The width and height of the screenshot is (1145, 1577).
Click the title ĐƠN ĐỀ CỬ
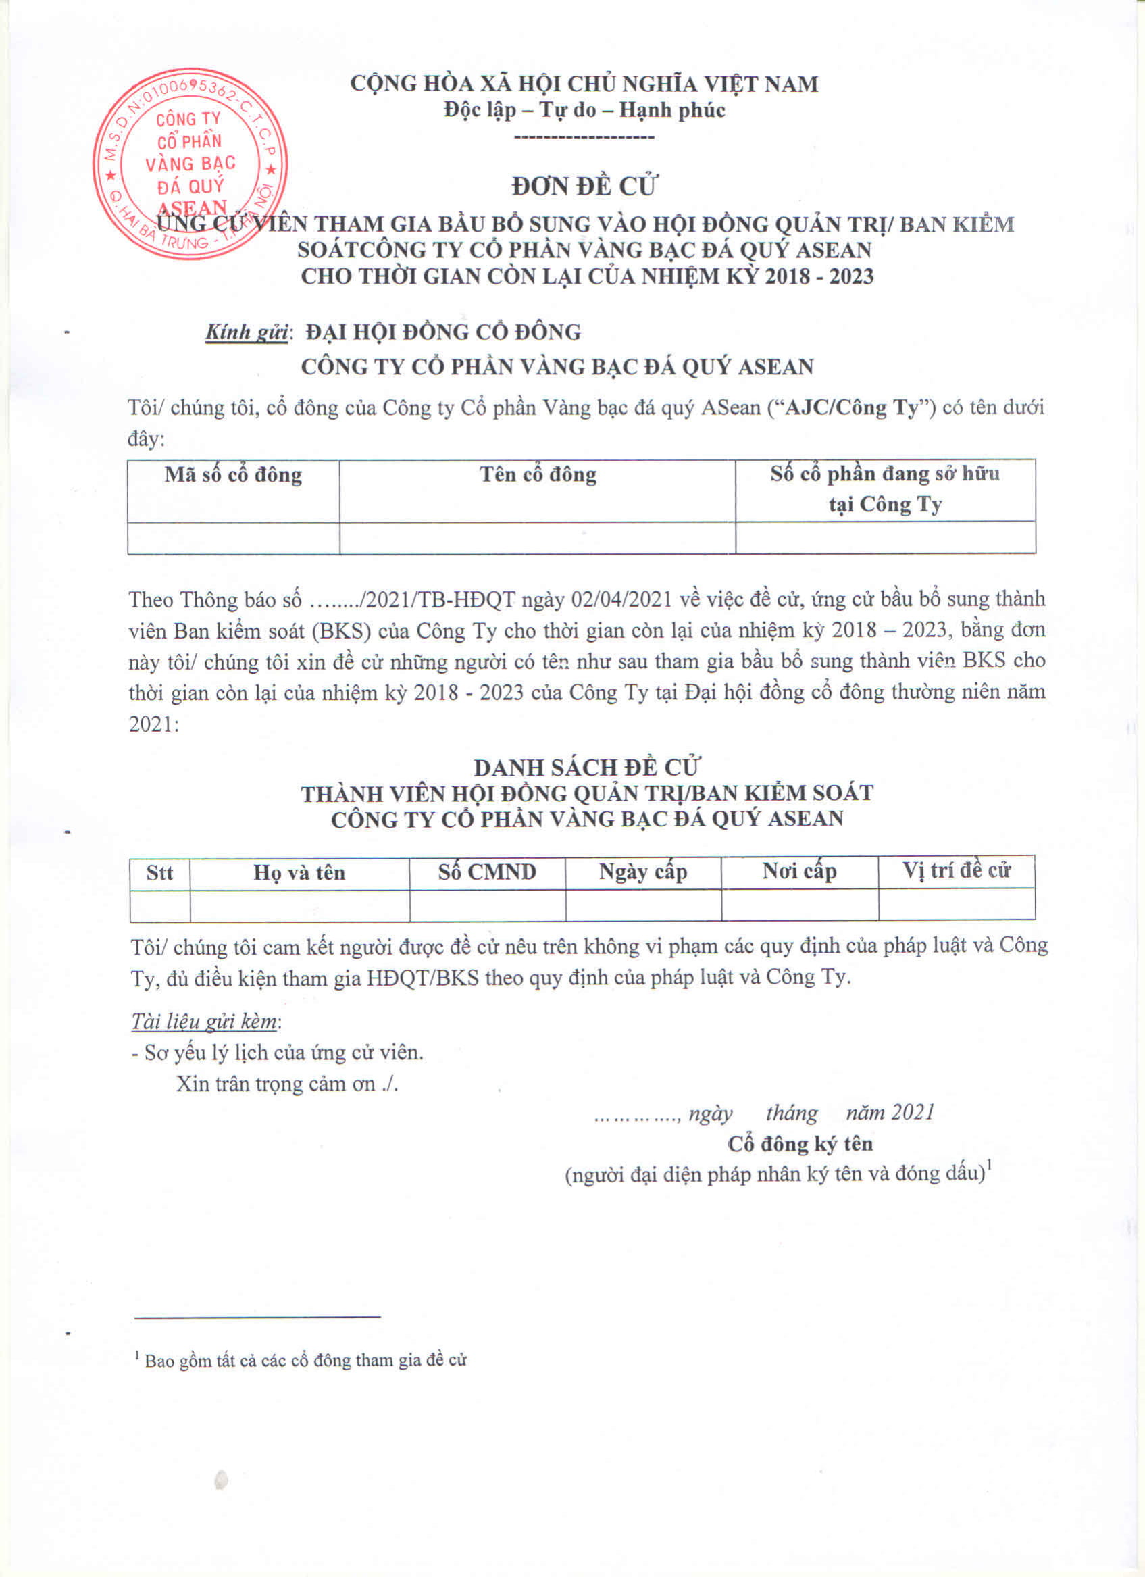click(585, 186)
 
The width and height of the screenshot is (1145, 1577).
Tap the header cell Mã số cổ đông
click(234, 476)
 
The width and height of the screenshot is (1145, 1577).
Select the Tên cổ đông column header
click(538, 475)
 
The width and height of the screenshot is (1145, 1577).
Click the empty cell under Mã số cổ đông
click(234, 539)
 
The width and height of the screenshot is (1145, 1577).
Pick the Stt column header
click(159, 872)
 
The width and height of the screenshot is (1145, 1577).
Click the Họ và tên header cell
click(299, 872)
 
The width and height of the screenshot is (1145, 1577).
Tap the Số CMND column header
click(486, 872)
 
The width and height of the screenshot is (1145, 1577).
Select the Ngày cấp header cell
click(643, 872)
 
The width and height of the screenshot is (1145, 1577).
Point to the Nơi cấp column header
click(800, 871)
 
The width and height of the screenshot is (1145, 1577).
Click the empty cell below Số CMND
click(486, 905)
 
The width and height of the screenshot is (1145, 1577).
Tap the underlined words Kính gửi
click(247, 332)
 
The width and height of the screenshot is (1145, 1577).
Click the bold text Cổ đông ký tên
click(800, 1144)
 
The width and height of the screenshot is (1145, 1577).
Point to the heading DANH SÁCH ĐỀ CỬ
click(586, 768)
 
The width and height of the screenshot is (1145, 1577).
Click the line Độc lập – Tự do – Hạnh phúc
click(585, 110)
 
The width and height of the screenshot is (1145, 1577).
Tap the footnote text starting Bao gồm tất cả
click(305, 1361)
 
